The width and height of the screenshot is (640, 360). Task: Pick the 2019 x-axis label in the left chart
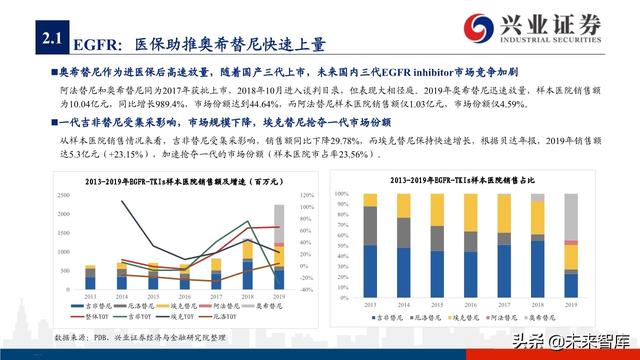click(x=279, y=297)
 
